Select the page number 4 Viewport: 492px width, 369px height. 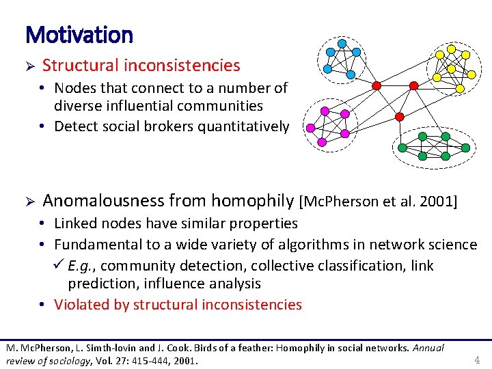477,359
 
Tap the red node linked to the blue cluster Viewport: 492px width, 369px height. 377,85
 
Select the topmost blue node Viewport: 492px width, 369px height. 342,44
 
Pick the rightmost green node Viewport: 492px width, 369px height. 467,147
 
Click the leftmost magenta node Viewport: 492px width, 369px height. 310,127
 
